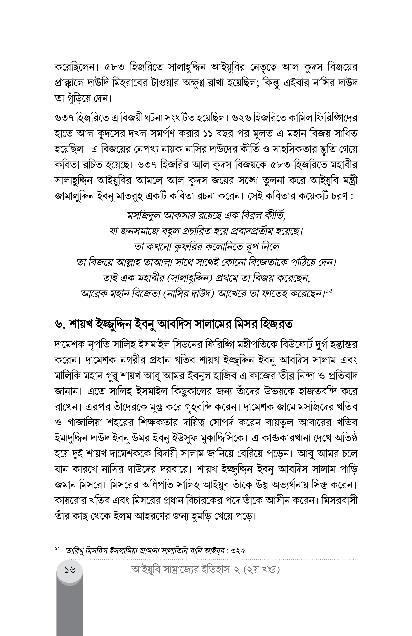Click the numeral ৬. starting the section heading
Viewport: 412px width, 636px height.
[x=60, y=325]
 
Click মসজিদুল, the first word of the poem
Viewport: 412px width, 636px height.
[x=144, y=216]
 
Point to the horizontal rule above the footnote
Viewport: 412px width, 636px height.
[x=129, y=541]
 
